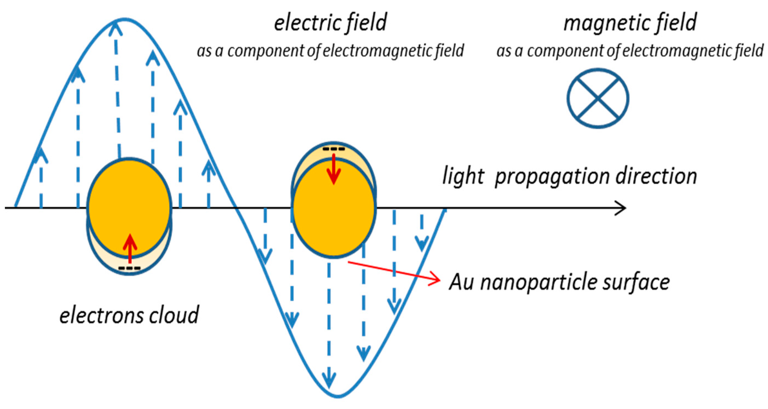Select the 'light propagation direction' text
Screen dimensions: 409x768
click(x=570, y=177)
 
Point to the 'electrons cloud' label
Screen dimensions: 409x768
click(x=129, y=315)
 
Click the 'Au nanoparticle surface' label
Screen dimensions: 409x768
click(x=559, y=282)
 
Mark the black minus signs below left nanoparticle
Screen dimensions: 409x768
click(x=129, y=268)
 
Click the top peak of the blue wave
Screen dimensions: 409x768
click(x=125, y=20)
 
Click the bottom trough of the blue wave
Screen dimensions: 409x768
click(x=338, y=397)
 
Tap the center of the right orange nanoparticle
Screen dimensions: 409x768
click(x=333, y=208)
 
